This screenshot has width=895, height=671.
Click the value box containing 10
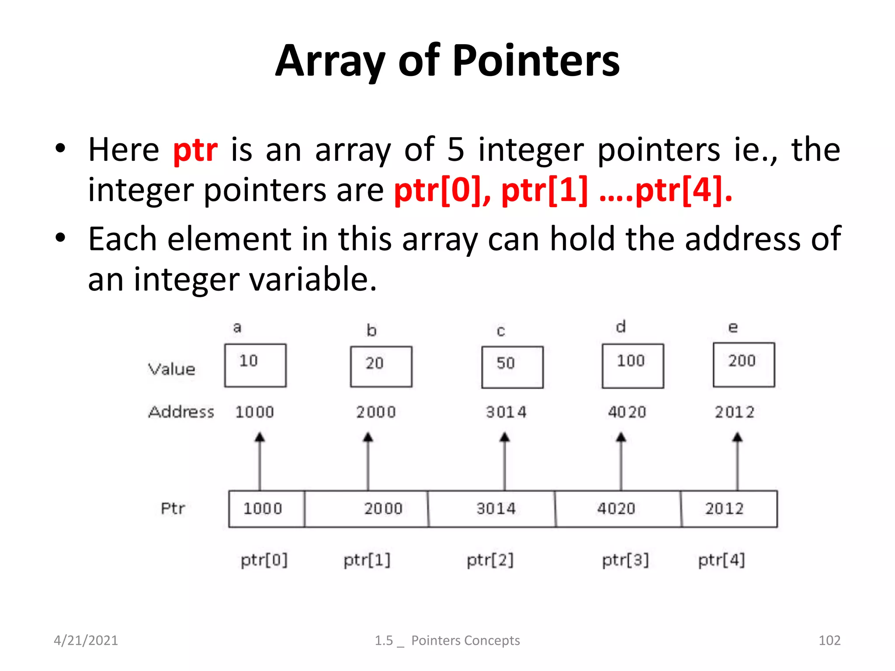tap(255, 365)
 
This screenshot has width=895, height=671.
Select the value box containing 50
tap(512, 367)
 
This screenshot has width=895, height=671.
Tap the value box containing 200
tap(743, 365)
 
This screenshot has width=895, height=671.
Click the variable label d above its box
tap(621, 327)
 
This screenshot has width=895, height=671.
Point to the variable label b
tap(371, 330)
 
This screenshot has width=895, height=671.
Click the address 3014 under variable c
tap(506, 412)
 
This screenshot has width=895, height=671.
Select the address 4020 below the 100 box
tap(627, 412)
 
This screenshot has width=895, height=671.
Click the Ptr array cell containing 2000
tap(366, 509)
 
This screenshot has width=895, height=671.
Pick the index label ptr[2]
tap(490, 560)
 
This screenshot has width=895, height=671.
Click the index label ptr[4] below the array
tap(722, 560)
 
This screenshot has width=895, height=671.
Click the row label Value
tap(172, 369)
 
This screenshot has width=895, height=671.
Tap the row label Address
tap(181, 412)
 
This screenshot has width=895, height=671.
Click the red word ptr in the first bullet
tap(195, 150)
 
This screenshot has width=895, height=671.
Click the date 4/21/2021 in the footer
tap(86, 640)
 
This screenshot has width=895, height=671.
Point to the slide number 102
tap(829, 640)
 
